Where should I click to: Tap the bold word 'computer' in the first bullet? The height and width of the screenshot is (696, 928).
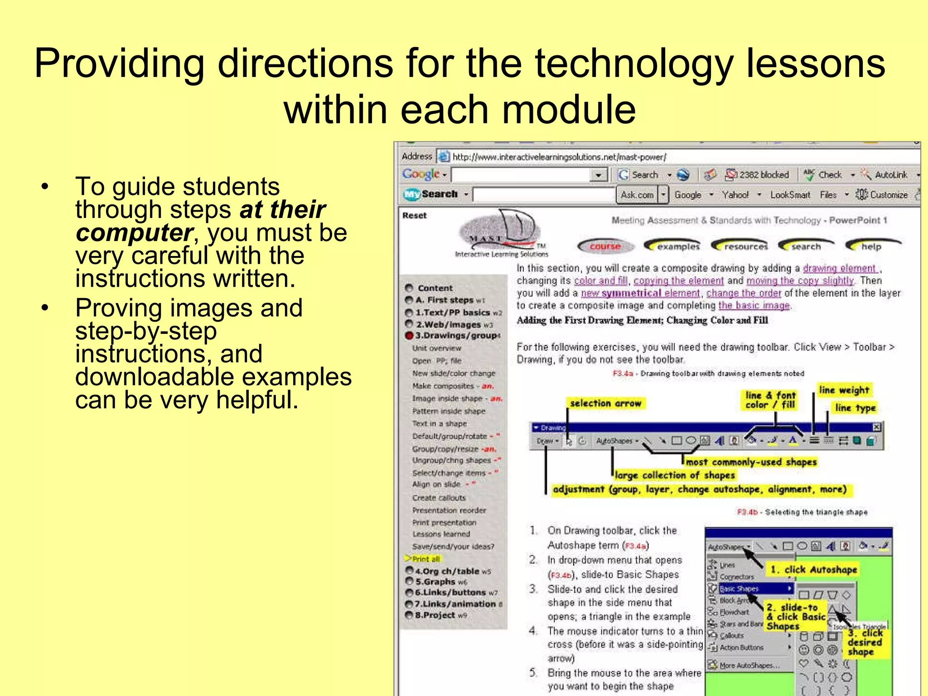pos(135,233)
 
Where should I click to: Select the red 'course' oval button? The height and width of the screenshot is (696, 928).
pos(605,246)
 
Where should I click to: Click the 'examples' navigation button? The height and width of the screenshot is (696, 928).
pos(673,246)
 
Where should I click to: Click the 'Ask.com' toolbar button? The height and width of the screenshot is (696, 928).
pos(637,195)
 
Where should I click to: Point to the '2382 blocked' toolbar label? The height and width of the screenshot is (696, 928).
pos(764,175)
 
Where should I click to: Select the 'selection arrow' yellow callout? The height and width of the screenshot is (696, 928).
pos(605,403)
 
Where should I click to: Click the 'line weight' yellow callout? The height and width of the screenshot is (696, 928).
pos(844,390)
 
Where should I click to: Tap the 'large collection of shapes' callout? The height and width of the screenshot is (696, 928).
pos(674,475)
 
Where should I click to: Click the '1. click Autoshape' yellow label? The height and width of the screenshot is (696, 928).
pos(813,570)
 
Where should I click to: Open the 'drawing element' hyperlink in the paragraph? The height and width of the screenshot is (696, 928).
pos(839,268)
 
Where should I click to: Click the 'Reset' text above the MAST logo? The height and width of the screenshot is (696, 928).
pos(414,216)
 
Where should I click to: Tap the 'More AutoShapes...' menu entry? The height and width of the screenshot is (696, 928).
pos(749,666)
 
